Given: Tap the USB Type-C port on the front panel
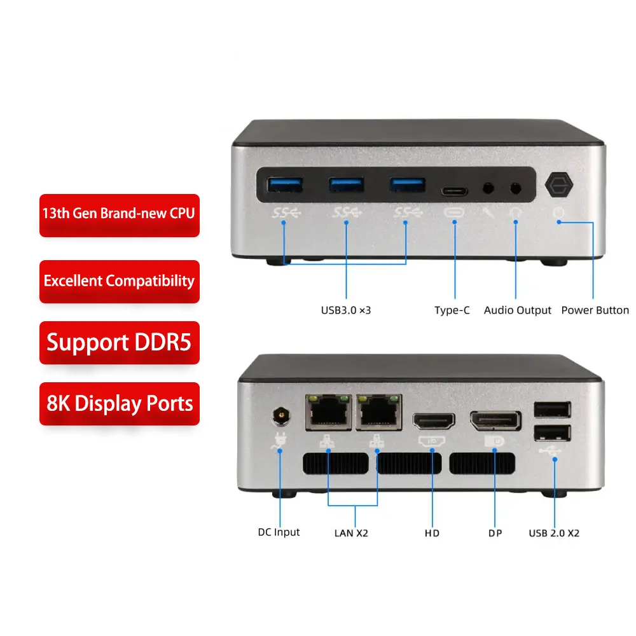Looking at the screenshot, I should coord(454,190).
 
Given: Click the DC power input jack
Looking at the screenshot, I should coord(279,417).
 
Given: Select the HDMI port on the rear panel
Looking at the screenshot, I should coord(434,422).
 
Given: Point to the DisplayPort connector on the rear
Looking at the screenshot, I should coord(495,421).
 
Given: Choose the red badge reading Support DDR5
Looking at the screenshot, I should coord(119,342).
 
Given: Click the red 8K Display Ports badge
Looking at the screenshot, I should coord(119,403).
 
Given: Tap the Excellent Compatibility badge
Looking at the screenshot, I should coord(119,280).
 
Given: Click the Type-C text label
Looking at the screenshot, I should coord(452,310).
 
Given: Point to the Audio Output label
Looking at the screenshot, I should coord(518,310).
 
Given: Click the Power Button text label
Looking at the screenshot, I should coord(595,310).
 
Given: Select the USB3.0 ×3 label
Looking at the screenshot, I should coord(346,311).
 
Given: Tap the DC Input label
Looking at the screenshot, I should coord(279,532).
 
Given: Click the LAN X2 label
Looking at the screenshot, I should coord(351,533).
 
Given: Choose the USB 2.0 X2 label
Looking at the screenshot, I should coord(554,533).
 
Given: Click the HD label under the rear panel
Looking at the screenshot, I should coord(432,533).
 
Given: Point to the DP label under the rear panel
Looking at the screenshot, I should coord(495,533).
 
